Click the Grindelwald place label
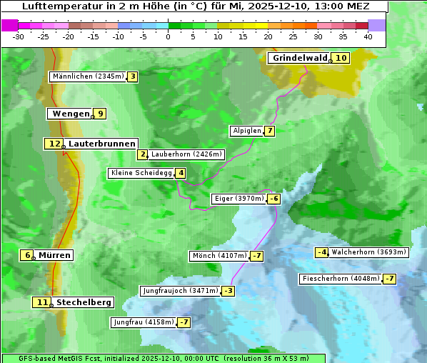pos(300,58)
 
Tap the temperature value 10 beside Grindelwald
pos(341,58)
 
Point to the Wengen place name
pos(71,114)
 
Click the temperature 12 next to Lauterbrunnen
pos(54,144)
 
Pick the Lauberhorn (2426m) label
pos(186,154)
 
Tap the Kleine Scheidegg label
pos(141,173)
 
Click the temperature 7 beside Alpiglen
pos(269,131)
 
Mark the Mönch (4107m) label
pos(219,256)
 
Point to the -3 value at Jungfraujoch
pos(228,291)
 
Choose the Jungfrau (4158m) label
pos(143,322)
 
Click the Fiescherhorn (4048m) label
pos(341,279)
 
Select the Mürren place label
pos(54,255)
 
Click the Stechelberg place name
pos(84,302)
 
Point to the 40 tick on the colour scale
pos(368,36)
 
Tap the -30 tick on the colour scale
pos(19,36)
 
